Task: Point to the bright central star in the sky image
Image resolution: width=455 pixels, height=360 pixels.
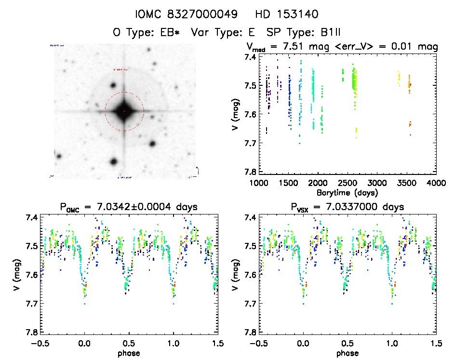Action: pos(124,111)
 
